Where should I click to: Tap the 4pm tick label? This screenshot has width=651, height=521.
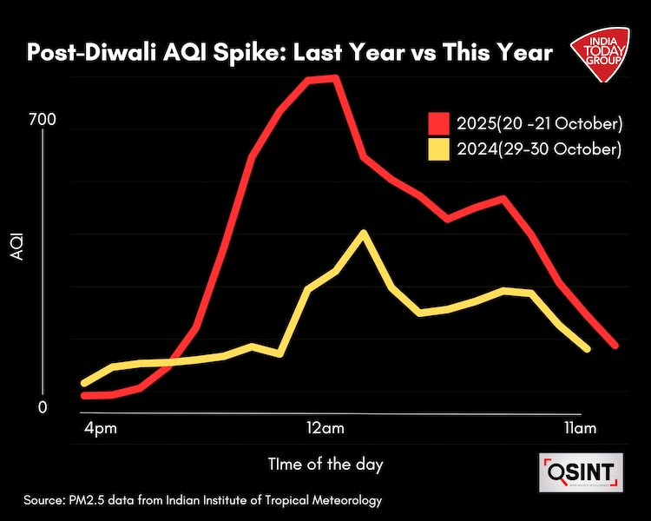click(x=102, y=430)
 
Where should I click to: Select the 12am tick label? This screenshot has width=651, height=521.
click(x=325, y=430)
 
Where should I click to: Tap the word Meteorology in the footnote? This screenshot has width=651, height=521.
click(x=344, y=502)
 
